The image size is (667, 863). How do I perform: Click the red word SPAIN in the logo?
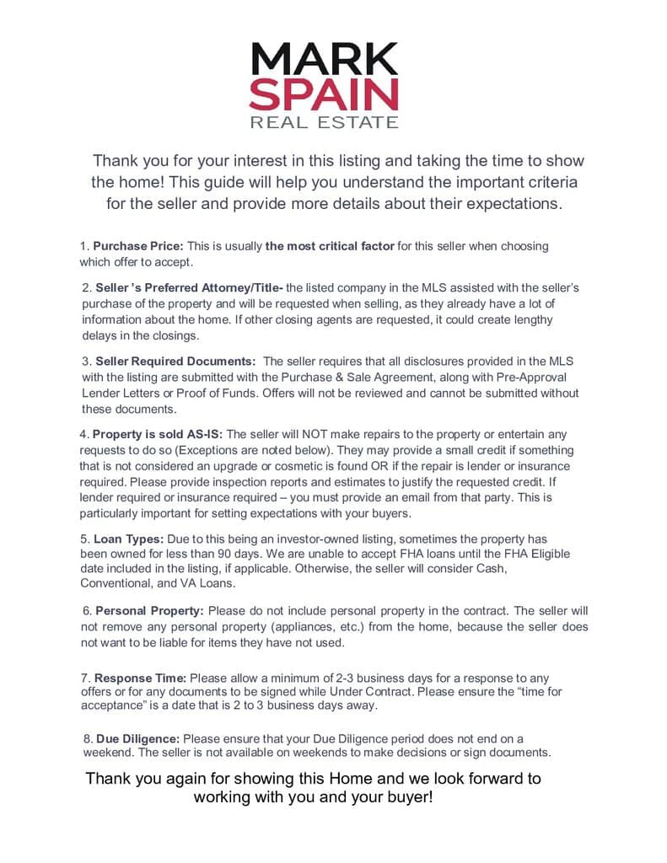click(x=325, y=94)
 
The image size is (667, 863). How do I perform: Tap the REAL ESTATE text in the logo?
click(x=325, y=123)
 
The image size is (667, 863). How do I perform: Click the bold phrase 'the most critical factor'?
click(x=330, y=246)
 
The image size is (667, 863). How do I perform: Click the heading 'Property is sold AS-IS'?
click(x=158, y=434)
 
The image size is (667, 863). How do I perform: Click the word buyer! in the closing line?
click(x=407, y=796)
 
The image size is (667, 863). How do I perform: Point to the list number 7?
click(x=84, y=678)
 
